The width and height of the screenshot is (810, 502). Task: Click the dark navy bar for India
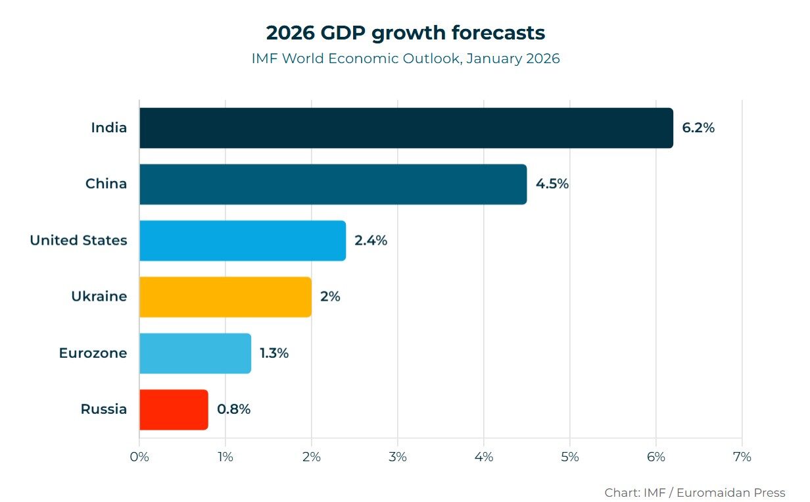click(406, 128)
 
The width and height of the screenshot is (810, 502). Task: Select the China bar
click(333, 184)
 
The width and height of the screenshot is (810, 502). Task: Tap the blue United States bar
click(242, 241)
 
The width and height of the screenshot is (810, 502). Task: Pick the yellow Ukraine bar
click(225, 297)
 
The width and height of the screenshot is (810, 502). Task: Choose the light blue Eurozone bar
click(195, 353)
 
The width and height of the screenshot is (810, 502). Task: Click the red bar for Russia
click(174, 409)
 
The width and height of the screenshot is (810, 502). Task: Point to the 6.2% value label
click(698, 128)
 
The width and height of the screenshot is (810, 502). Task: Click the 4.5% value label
click(552, 184)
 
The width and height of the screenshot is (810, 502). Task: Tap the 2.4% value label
click(371, 241)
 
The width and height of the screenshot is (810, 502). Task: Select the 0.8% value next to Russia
click(233, 409)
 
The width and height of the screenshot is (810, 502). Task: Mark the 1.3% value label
click(274, 353)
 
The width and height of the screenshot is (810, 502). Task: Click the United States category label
click(78, 241)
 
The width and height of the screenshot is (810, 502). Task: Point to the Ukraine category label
click(99, 297)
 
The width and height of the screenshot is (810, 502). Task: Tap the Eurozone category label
click(93, 353)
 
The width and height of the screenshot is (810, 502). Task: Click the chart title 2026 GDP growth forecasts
click(405, 32)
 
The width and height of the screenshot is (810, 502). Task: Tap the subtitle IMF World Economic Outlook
click(405, 59)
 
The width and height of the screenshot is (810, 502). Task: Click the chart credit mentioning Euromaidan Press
click(694, 492)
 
